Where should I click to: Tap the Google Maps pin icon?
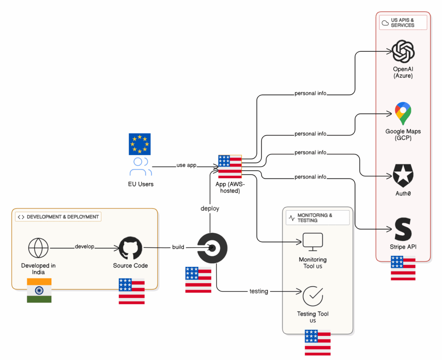pyautogui.click(x=403, y=114)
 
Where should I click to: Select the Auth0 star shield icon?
pyautogui.click(x=403, y=175)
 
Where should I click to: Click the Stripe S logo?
pyautogui.click(x=403, y=229)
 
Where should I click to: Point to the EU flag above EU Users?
pyautogui.click(x=139, y=144)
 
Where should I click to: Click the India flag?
pyautogui.click(x=39, y=290)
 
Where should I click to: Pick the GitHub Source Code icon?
pyautogui.click(x=130, y=248)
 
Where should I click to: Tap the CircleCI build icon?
pyautogui.click(x=212, y=248)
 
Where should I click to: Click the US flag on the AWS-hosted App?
pyautogui.click(x=230, y=167)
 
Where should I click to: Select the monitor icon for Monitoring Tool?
pyautogui.click(x=313, y=242)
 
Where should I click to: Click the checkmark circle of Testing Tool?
pyautogui.click(x=313, y=296)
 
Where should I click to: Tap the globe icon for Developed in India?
pyautogui.click(x=38, y=248)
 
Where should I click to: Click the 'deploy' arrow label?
pyautogui.click(x=210, y=208)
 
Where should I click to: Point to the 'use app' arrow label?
pyautogui.click(x=186, y=165)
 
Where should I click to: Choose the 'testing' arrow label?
pyautogui.click(x=259, y=291)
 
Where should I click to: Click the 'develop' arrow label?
pyautogui.click(x=84, y=247)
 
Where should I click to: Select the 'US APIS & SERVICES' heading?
pyautogui.click(x=402, y=22)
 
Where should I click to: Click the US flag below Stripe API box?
pyautogui.click(x=403, y=268)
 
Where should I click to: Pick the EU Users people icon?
pyautogui.click(x=140, y=167)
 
